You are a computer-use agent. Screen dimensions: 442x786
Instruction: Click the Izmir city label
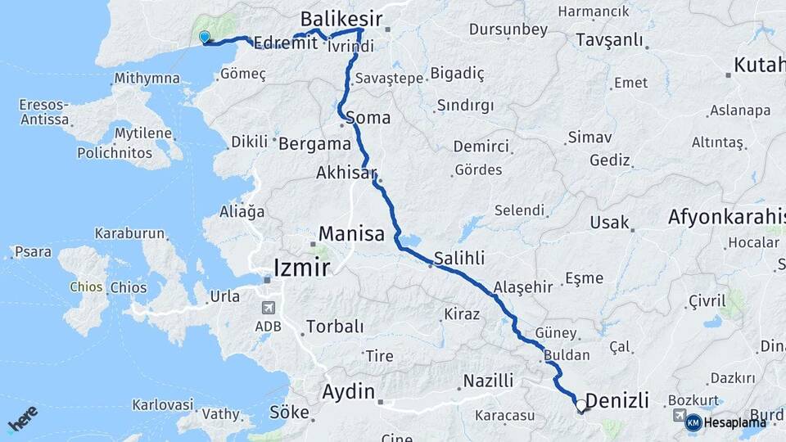(301, 266)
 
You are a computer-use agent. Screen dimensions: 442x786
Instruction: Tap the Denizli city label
(618, 401)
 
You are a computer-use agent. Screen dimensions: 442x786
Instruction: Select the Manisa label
(351, 233)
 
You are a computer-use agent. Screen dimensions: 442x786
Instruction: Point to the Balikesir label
(341, 18)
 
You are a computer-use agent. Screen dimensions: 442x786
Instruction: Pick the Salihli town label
(459, 258)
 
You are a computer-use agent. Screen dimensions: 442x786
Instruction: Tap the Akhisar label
(346, 173)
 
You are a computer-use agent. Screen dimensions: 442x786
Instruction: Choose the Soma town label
(368, 118)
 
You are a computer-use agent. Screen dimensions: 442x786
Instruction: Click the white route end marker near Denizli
(581, 404)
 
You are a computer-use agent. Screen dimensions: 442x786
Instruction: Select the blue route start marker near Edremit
(205, 37)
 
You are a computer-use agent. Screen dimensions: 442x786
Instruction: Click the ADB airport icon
(268, 308)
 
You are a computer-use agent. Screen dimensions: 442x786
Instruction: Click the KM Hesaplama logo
(725, 422)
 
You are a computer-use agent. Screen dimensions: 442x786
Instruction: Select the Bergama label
(314, 143)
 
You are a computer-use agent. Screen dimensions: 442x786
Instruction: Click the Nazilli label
(488, 381)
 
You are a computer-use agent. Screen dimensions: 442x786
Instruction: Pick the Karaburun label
(129, 233)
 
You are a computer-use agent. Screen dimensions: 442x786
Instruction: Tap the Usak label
(609, 222)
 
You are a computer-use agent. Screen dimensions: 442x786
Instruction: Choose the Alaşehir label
(523, 287)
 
